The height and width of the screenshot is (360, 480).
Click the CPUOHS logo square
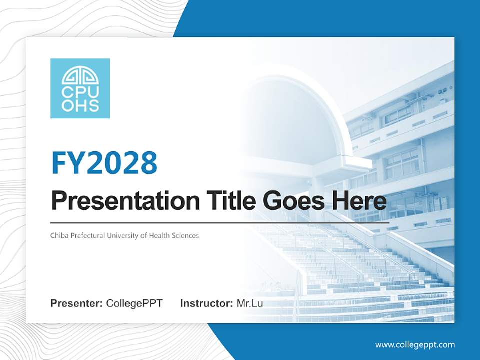pyautogui.click(x=80, y=88)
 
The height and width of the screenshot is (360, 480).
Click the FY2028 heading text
pyautogui.click(x=104, y=162)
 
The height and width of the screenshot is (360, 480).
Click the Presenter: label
pyautogui.click(x=77, y=303)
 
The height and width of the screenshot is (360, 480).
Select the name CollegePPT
pyautogui.click(x=134, y=303)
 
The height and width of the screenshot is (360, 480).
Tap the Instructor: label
pyautogui.click(x=206, y=303)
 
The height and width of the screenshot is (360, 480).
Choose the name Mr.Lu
pyautogui.click(x=249, y=303)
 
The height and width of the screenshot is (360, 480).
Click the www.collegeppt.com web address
pyautogui.click(x=415, y=344)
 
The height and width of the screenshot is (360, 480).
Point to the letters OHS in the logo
pyautogui.click(x=80, y=105)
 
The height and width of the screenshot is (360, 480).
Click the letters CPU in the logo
pyautogui.click(x=80, y=92)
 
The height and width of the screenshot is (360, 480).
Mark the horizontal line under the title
pyautogui.click(x=220, y=222)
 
